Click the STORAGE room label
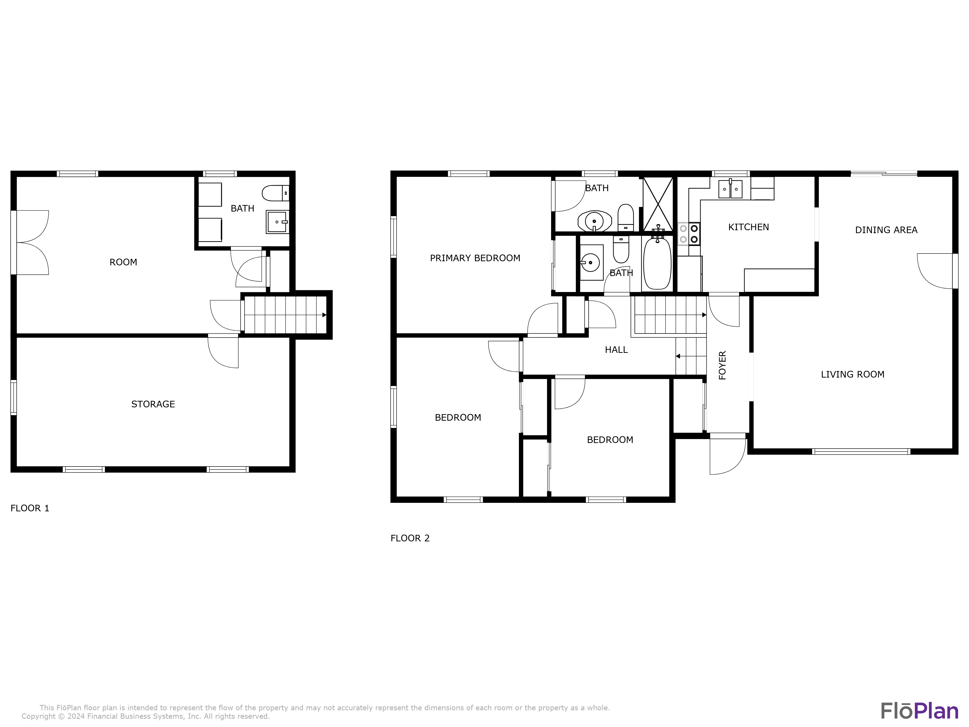153,404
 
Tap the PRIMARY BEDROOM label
475,258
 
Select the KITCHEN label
748,227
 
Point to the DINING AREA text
886,230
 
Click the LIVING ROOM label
852,374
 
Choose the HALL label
616,350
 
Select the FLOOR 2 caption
410,538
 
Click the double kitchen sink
730,189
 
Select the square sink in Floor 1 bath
277,222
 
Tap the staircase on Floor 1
285,315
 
